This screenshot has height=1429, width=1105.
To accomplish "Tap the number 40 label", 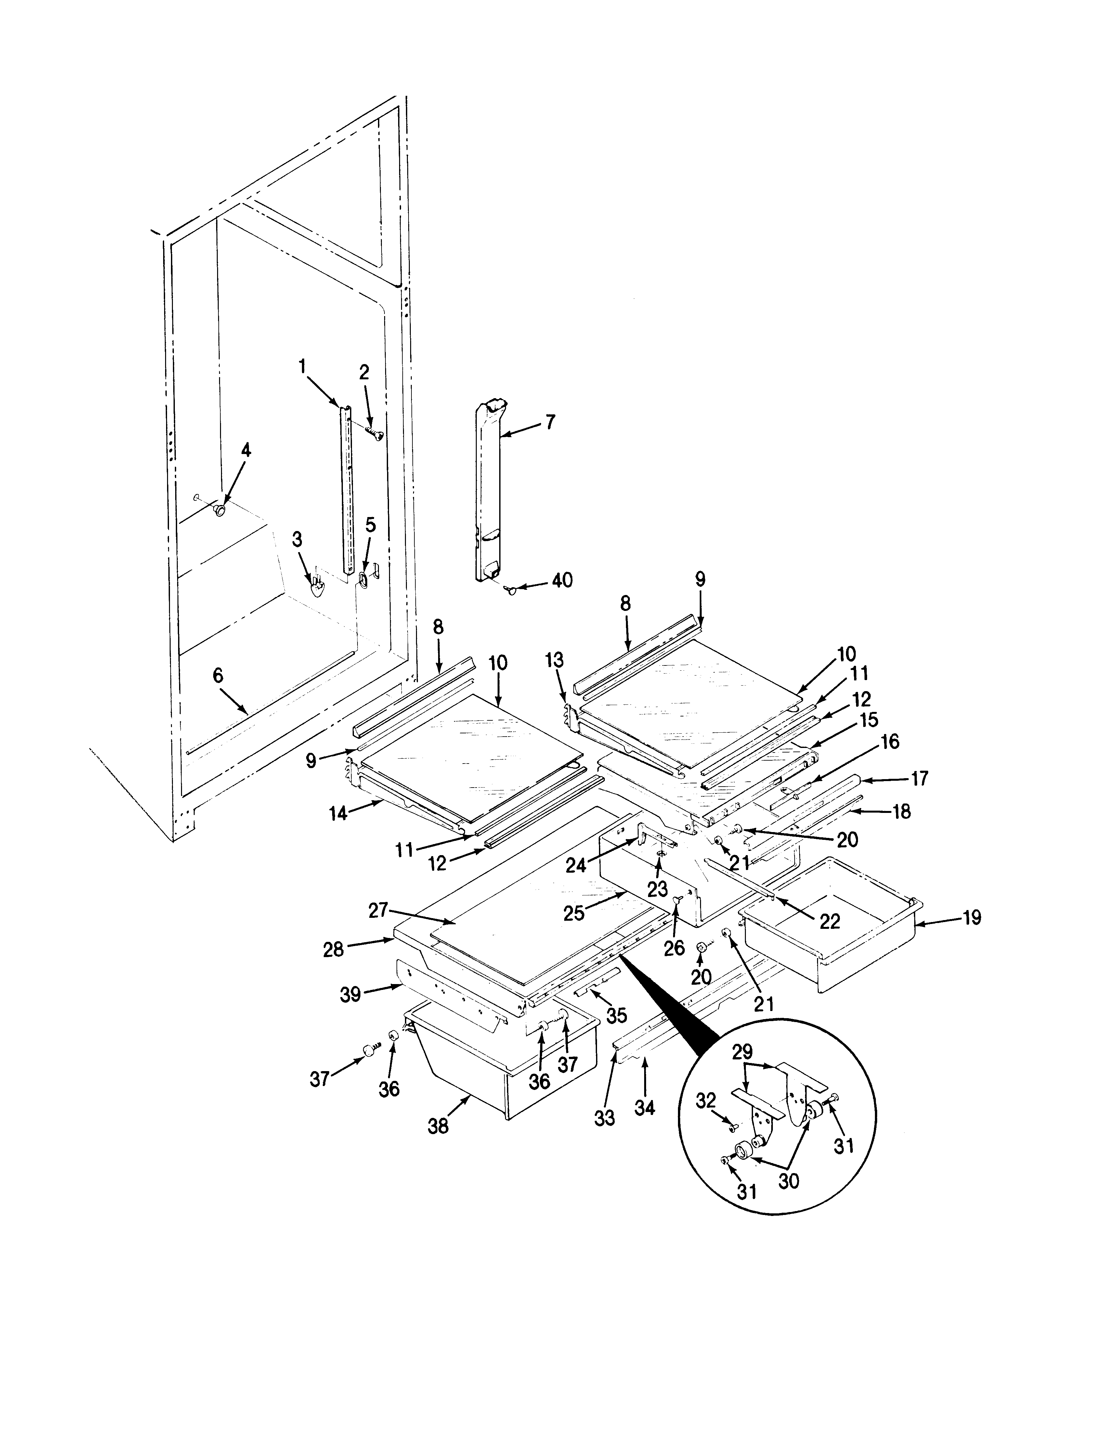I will (562, 580).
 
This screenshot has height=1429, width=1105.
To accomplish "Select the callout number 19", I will (972, 918).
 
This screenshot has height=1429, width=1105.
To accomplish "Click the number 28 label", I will (333, 949).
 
